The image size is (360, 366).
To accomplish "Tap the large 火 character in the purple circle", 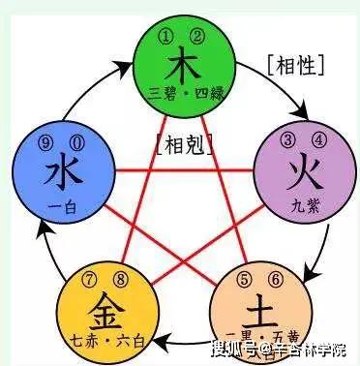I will tap(300, 174).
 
